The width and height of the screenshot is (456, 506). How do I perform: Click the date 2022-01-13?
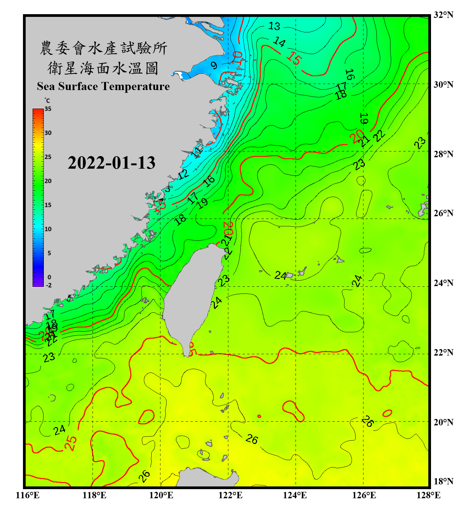click(111, 163)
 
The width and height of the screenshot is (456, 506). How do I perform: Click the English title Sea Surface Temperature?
click(103, 86)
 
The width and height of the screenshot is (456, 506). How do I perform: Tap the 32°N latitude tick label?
click(443, 15)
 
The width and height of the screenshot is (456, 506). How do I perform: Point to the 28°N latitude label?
click(443, 154)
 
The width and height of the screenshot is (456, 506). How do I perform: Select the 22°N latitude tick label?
click(443, 353)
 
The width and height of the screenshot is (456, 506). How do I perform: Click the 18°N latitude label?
click(443, 481)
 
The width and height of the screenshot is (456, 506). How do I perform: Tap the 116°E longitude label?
click(28, 495)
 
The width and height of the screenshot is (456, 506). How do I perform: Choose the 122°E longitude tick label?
click(230, 495)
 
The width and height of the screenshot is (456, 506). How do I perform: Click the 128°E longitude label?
click(428, 495)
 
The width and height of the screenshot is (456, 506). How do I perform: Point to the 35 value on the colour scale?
click(48, 109)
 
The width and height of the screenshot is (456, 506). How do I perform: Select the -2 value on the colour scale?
click(49, 285)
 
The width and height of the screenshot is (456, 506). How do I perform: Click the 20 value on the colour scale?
click(48, 181)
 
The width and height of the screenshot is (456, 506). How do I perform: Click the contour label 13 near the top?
click(274, 26)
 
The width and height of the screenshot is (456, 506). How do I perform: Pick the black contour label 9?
click(214, 65)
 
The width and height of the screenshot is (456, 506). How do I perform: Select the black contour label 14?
click(279, 42)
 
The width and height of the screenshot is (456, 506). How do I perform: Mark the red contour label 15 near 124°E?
click(294, 58)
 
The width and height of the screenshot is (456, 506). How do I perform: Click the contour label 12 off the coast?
click(183, 174)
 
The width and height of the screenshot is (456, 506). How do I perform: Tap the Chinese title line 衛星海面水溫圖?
click(103, 68)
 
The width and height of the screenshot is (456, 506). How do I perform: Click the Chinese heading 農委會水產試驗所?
click(103, 48)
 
